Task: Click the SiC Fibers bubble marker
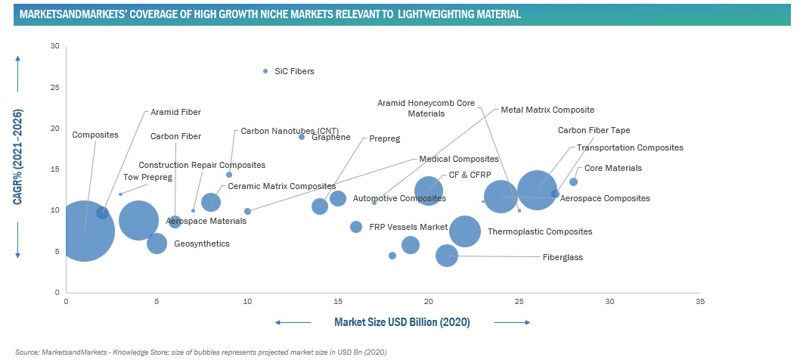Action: pyautogui.click(x=265, y=71)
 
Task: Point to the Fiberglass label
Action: pyautogui.click(x=563, y=257)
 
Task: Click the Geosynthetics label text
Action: pyautogui.click(x=201, y=244)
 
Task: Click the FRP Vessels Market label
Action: pyautogui.click(x=408, y=227)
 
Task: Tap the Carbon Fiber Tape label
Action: pyautogui.click(x=594, y=130)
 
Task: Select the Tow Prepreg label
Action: pyautogui.click(x=147, y=177)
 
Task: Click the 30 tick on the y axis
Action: pyautogui.click(x=54, y=46)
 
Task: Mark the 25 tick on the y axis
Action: pyautogui.click(x=54, y=87)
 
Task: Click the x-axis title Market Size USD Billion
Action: pyautogui.click(x=401, y=322)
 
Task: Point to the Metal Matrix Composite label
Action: pyautogui.click(x=547, y=110)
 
